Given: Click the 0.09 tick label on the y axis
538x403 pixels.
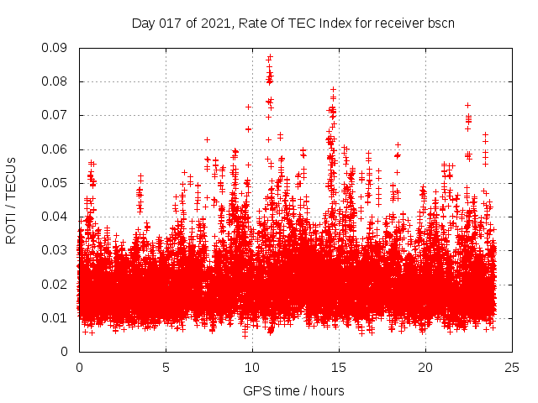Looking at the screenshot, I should tap(55, 48).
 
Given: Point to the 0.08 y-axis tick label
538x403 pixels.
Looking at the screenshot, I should tap(55, 81).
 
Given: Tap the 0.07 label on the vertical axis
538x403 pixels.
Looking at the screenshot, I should tap(55, 115).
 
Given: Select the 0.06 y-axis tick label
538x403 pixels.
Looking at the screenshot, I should tap(55, 149).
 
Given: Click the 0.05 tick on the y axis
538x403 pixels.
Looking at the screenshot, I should tap(55, 182).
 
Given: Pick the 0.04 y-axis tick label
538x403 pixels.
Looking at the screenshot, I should tap(55, 217).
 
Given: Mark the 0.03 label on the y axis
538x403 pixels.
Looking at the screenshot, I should tap(55, 250).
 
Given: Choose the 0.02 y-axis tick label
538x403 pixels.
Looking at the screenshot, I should tap(55, 284).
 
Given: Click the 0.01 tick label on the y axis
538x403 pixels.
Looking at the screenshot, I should tap(55, 317).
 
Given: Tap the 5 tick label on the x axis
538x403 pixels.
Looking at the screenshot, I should tap(166, 368).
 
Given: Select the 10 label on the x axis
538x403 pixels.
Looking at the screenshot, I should tap(252, 368).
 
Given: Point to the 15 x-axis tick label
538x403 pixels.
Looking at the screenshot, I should tap(339, 368).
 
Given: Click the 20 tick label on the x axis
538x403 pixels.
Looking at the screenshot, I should tap(425, 368).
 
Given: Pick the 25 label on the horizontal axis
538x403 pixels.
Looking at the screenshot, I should tap(512, 368).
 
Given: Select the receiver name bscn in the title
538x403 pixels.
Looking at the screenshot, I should tap(440, 23).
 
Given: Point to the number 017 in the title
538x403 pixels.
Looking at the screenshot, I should tap(172, 23).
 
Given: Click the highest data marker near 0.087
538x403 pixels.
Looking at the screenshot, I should tap(270, 57).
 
